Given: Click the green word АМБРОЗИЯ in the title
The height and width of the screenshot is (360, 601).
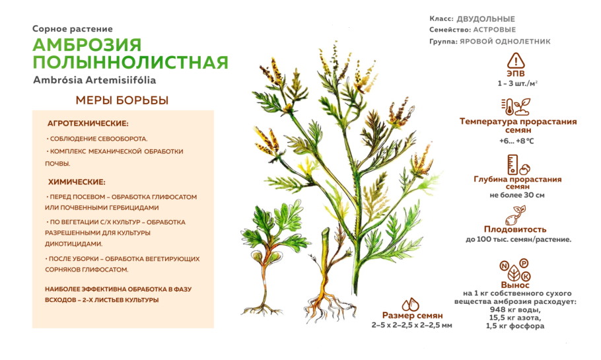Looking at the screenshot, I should point(87,45).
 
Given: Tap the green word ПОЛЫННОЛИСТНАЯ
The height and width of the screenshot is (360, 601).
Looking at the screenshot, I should point(130,63).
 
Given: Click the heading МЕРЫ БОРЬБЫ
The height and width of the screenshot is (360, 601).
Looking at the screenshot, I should point(122,100).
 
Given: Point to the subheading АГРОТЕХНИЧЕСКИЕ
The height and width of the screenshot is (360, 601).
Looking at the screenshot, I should point(88,124).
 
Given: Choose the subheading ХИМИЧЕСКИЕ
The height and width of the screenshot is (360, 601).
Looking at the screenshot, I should point(77,182).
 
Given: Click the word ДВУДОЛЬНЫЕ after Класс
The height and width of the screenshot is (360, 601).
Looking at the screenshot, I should point(485,19).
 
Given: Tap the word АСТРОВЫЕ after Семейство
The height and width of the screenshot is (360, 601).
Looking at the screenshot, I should point(495,30).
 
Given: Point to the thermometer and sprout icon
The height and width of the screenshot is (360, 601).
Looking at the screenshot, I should point(516,107).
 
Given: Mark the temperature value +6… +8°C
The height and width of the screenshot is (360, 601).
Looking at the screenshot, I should point(517,141).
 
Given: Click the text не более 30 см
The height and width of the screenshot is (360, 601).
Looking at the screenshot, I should point(517,196).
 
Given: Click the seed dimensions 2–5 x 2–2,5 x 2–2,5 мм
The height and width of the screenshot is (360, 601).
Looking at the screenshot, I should point(412,325).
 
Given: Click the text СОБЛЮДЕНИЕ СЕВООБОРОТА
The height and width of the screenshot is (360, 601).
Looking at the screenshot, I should point(98,139).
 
